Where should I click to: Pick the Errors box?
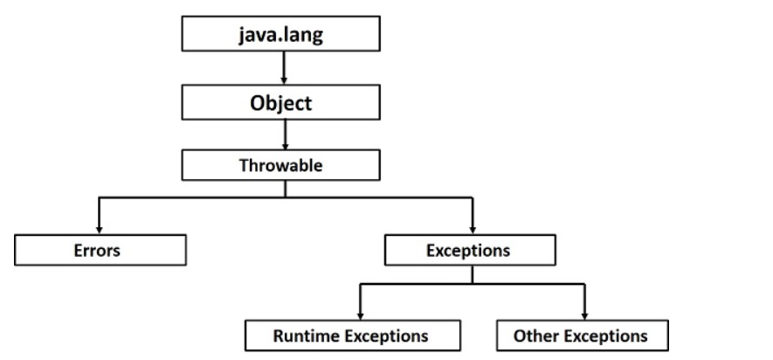[x=100, y=250]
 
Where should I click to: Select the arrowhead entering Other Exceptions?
[x=584, y=315]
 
